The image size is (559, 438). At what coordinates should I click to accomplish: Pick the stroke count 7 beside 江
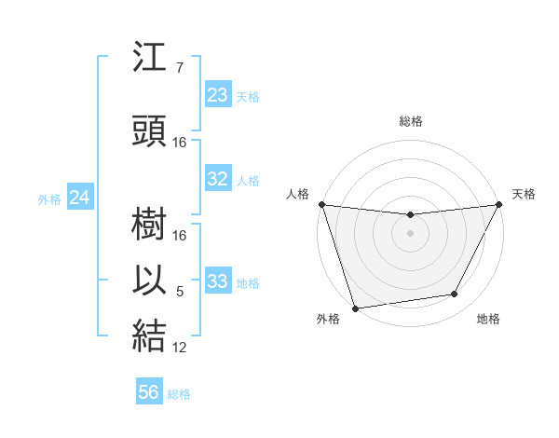click(x=180, y=68)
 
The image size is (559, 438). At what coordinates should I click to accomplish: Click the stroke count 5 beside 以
click(x=180, y=292)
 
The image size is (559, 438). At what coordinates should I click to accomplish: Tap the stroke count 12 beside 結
click(x=180, y=348)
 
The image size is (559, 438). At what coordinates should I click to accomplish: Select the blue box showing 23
click(x=218, y=95)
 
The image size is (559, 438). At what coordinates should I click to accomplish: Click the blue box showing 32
click(x=218, y=179)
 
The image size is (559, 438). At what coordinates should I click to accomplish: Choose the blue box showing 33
click(x=218, y=281)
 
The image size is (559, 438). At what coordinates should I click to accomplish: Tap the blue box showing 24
click(x=80, y=198)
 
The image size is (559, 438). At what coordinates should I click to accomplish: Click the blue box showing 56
click(x=149, y=392)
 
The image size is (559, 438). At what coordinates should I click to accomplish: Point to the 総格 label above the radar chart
click(x=411, y=121)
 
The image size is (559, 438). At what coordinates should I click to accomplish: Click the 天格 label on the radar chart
click(x=525, y=194)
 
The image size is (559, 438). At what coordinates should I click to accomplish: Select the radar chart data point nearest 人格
click(x=321, y=204)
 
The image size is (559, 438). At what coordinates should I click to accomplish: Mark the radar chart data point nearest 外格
click(x=355, y=307)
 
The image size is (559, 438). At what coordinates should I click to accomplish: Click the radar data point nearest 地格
click(x=455, y=294)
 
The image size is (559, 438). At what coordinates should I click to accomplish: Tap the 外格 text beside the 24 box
click(x=49, y=198)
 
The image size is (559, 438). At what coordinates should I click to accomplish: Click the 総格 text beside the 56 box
click(x=179, y=394)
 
